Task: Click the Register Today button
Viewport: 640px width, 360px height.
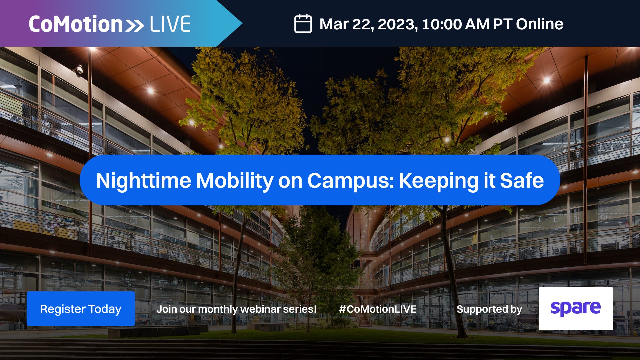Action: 81,309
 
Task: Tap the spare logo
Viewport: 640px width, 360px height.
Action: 576,309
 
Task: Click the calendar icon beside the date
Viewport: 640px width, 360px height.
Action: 303,24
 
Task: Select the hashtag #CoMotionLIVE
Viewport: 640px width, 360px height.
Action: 378,309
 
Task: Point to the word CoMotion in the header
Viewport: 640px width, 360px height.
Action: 76,24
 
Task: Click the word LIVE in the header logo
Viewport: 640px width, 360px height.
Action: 170,24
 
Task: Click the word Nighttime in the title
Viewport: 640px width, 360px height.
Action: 143,181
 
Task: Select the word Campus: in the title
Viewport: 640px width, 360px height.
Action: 351,181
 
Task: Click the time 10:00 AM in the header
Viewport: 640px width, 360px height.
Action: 456,24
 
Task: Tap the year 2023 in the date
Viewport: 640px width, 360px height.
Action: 396,24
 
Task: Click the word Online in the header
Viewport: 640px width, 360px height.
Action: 540,24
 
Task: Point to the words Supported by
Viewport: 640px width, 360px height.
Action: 489,309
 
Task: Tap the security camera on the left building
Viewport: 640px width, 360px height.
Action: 79,70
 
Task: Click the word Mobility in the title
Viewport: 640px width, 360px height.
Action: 235,181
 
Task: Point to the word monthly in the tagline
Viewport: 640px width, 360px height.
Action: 218,309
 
